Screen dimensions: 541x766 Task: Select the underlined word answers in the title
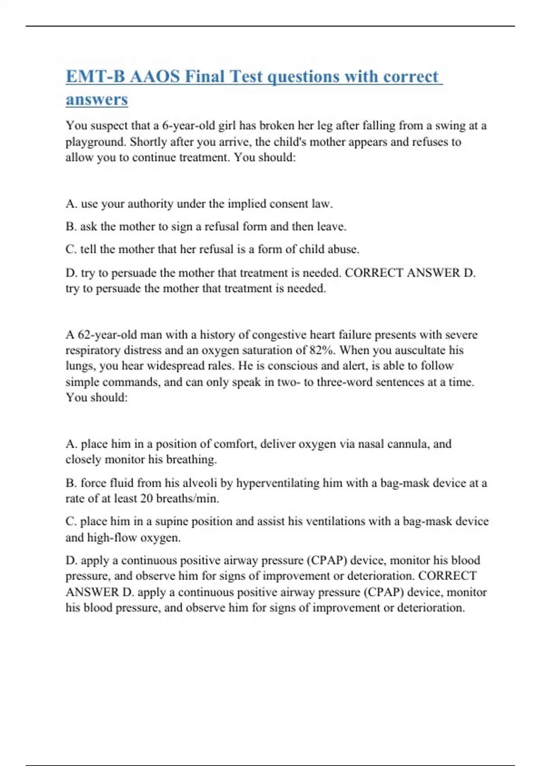96,100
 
